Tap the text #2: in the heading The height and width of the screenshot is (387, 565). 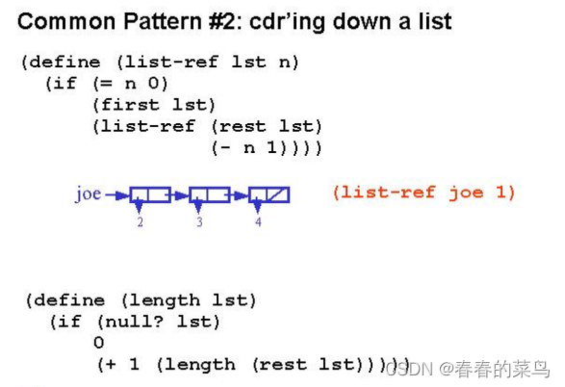(x=219, y=20)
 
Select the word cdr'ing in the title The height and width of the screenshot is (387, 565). (x=280, y=20)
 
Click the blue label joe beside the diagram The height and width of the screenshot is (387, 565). (x=88, y=193)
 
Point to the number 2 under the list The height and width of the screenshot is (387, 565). (x=141, y=222)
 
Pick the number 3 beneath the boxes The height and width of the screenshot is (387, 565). (x=199, y=222)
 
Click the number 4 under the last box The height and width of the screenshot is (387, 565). (x=258, y=222)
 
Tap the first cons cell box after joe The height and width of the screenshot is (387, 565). (x=150, y=194)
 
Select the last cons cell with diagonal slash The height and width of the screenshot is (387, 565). (x=269, y=194)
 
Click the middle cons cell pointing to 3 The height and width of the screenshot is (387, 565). (x=210, y=194)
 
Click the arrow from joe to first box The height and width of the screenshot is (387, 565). (x=116, y=195)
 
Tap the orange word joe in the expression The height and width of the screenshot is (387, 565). (x=466, y=193)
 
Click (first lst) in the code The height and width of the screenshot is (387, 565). (x=154, y=105)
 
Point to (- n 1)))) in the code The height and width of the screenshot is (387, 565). (x=266, y=147)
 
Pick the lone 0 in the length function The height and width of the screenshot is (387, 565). (x=99, y=343)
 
